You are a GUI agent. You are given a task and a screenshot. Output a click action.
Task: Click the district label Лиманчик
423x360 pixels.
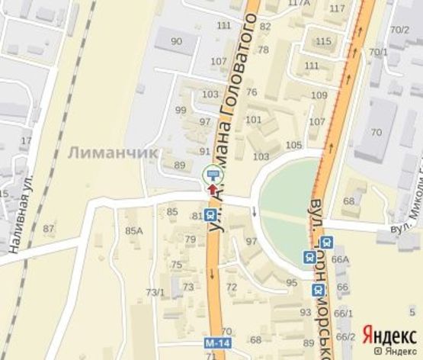point(112,153)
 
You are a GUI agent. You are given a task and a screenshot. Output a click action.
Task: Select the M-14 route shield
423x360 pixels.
point(217,345)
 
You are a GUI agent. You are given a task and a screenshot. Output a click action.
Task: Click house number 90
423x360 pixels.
point(177,41)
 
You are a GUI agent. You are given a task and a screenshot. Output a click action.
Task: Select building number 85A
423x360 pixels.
point(134,230)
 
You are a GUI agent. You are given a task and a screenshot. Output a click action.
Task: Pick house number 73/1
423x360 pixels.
point(155,292)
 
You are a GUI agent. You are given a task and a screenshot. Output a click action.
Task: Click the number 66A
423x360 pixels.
point(340,259)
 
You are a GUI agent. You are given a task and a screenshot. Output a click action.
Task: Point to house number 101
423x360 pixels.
point(254,120)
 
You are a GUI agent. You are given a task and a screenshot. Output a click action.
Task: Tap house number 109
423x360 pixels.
point(319,95)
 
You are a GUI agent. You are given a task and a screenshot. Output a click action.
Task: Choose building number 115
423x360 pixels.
point(323,41)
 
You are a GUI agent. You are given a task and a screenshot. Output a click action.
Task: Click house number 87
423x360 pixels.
point(50,229)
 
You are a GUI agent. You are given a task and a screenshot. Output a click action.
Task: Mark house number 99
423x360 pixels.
point(181,111)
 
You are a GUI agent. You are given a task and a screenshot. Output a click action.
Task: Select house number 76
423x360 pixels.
point(252,92)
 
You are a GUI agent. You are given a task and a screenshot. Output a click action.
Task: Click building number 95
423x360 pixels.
point(291,283)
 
